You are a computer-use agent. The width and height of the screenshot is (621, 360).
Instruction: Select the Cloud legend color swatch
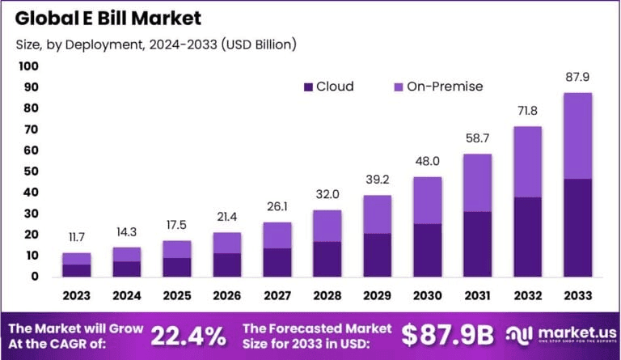[x=307, y=87]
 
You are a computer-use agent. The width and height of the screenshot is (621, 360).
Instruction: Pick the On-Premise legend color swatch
[x=397, y=87]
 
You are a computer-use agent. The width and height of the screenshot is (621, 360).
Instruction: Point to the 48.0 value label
[x=428, y=160]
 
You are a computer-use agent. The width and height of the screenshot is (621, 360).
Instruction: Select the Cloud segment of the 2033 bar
[x=578, y=227]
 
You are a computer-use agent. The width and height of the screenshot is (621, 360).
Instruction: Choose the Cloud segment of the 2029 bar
[x=378, y=255]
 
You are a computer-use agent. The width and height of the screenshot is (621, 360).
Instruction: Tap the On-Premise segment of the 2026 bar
[x=227, y=243]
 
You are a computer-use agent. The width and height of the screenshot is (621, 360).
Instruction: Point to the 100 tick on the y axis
[x=27, y=66]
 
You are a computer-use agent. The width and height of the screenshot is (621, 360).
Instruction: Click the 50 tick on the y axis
[x=29, y=171]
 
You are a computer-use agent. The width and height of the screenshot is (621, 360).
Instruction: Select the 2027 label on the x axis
[x=277, y=294]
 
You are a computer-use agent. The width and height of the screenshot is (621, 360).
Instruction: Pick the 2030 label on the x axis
[x=428, y=294]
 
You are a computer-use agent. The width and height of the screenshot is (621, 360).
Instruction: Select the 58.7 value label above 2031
[x=478, y=138]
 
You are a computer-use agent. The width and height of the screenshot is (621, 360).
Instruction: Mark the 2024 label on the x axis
[x=127, y=294]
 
